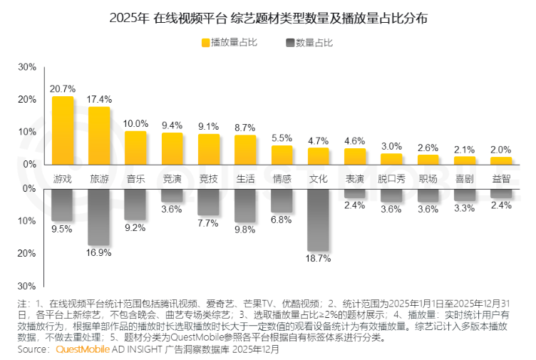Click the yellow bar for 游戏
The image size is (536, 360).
[x=63, y=130]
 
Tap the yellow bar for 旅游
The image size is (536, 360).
[x=99, y=135]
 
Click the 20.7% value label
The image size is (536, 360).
[x=63, y=89]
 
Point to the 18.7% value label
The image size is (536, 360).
[x=319, y=259]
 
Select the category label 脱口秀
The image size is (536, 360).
[x=391, y=178]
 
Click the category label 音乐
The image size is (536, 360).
[x=135, y=178]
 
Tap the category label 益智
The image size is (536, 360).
[x=501, y=178]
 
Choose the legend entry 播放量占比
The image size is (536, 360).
[x=229, y=43]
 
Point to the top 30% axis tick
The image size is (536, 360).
[x=27, y=67]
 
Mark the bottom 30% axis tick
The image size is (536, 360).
[x=27, y=286]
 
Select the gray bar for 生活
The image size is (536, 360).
[x=245, y=205]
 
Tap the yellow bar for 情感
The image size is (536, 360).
[x=282, y=155]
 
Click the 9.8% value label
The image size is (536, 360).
[x=245, y=230]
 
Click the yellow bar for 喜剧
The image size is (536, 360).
[x=465, y=160]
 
